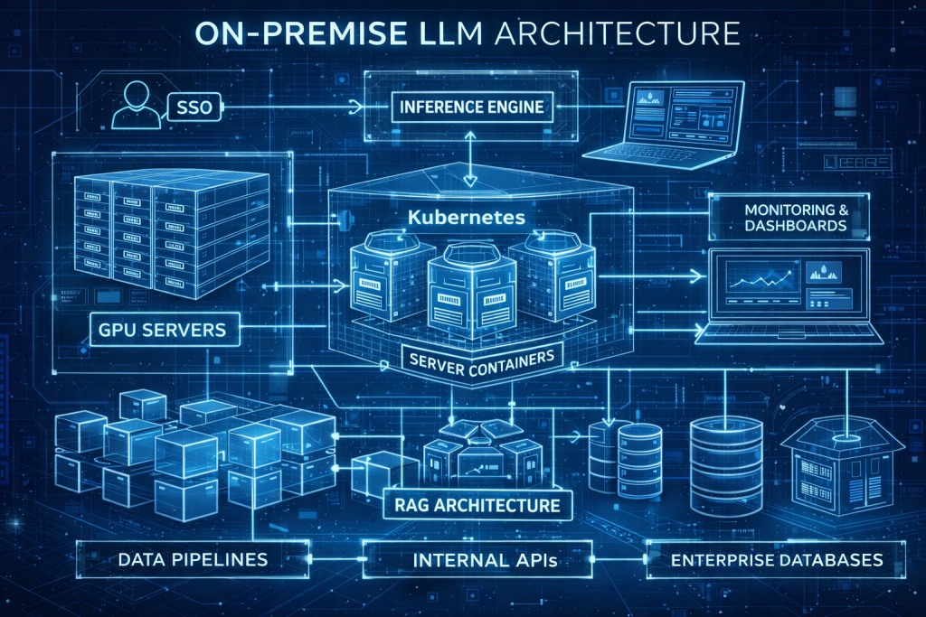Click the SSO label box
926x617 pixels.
click(194, 112)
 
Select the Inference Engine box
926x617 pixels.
click(471, 107)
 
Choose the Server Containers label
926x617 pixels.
click(480, 359)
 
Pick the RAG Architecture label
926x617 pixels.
click(478, 504)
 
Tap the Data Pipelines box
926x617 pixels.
click(193, 559)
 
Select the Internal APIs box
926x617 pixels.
click(484, 560)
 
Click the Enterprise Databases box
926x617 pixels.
click(777, 560)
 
